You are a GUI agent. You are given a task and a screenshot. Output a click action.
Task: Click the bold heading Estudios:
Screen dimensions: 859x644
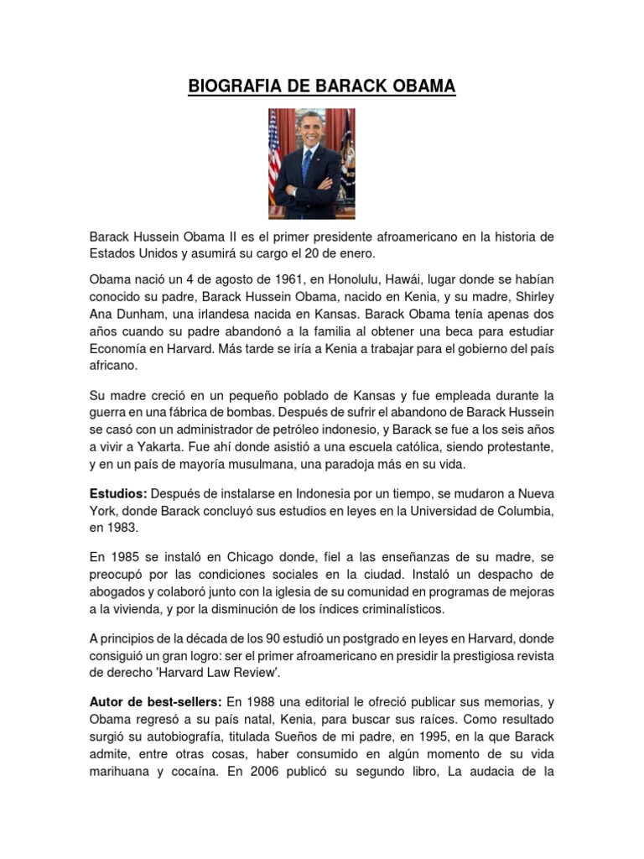[118, 494]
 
